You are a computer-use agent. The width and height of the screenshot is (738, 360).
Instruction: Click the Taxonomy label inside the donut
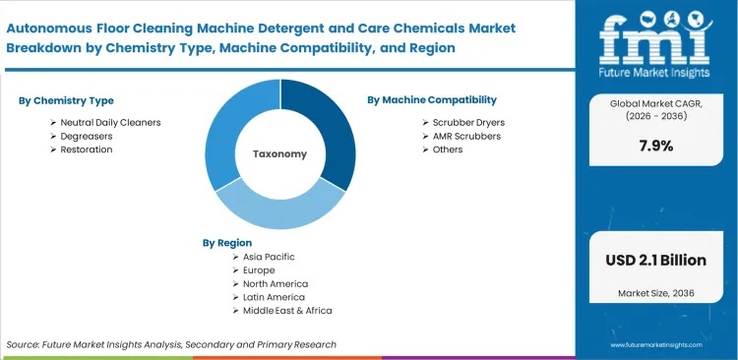coord(279,154)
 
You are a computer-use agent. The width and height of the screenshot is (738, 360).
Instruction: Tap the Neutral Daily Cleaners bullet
coord(110,122)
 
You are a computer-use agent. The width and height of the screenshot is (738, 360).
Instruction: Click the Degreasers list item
coord(85,136)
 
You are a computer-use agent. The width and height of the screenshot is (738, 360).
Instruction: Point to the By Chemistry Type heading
coord(66,100)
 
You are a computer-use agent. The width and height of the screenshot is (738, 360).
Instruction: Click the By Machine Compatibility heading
coord(431,100)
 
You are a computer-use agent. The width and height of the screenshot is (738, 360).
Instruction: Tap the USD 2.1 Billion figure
coord(656,261)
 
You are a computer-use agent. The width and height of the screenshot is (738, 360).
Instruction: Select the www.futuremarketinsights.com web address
coord(656,346)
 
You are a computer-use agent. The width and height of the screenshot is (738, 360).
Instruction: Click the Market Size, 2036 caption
coord(656,294)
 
